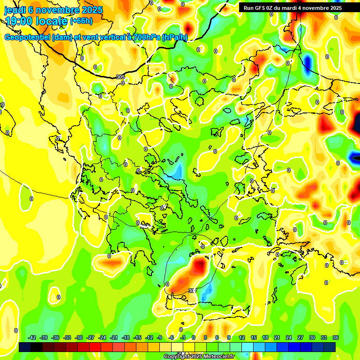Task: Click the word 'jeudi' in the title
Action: click(15, 10)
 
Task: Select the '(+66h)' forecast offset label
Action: click(81, 21)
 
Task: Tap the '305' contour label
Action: click(120, 77)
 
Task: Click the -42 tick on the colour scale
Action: click(32, 337)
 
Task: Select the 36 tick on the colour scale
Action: click(335, 337)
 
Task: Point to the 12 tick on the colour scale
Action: click(242, 337)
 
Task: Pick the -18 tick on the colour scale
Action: click(126, 337)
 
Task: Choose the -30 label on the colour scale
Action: click(79, 337)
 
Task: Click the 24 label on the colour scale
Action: click(288, 337)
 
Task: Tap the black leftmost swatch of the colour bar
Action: click(25, 347)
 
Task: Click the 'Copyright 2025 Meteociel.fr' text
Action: click(199, 356)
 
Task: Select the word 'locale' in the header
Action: click(53, 21)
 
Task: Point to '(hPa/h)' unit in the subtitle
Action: click(174, 37)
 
